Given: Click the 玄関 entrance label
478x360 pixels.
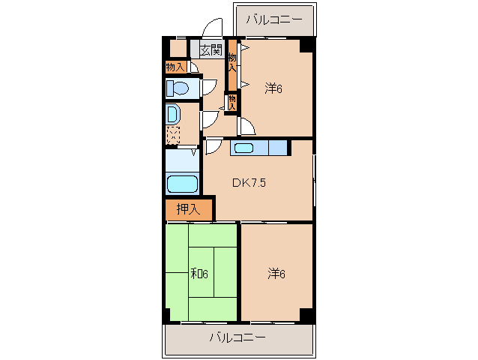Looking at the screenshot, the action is coord(211,49).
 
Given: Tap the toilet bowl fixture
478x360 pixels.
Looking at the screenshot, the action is coord(178,88).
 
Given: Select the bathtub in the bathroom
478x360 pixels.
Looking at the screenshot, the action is coord(182,184).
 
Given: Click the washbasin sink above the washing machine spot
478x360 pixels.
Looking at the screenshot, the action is coord(173,114).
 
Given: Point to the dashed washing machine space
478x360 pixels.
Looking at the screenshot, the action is coord(173,135).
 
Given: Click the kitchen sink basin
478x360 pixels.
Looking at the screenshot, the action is coord(244,148).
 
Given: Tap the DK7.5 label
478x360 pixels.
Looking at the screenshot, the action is coord(249,183).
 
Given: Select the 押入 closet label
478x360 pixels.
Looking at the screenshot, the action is coord(188,209).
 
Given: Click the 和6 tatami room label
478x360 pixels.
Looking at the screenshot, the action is coord(199,274).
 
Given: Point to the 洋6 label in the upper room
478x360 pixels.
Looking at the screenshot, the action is coord(273,88).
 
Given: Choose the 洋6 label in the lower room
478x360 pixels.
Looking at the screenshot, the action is coord(276,274).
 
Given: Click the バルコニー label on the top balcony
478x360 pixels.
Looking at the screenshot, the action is coord(274,19).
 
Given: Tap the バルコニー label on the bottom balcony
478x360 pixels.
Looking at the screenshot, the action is coord(238,337).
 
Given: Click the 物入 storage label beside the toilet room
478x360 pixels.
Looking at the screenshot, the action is coord(175,67).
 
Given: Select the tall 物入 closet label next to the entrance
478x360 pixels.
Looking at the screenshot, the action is coord(232,62).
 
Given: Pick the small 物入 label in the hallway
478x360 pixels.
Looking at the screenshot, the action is coord(232,103).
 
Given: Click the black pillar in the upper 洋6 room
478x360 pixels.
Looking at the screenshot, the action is coord(306,46).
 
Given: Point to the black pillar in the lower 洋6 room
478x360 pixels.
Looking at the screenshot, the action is coord(306,315).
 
